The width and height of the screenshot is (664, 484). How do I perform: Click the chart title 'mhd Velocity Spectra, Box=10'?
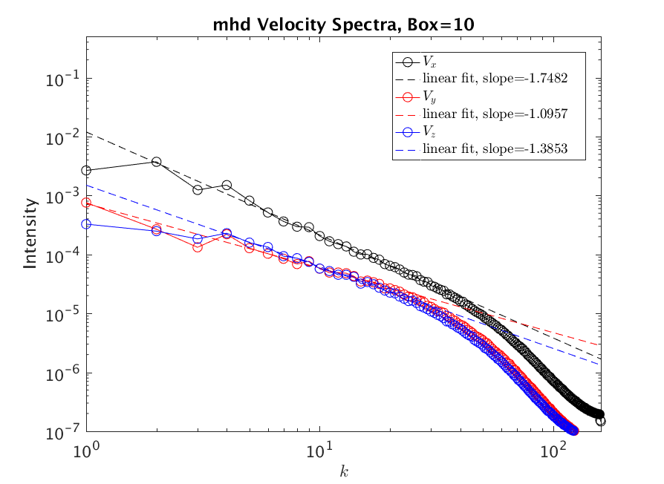tap(331, 24)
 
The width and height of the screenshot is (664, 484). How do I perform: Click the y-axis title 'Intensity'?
tap(30, 232)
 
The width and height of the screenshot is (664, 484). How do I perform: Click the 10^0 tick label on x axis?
tap(88, 447)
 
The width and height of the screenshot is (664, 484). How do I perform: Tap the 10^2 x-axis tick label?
tap(553, 447)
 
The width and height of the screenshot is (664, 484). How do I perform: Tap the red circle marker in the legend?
tap(407, 97)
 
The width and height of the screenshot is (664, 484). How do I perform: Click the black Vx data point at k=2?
tap(157, 161)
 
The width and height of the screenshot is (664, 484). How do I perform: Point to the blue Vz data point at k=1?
tap(87, 224)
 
